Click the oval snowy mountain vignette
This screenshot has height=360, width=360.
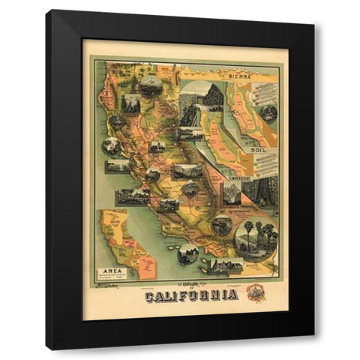pos(151,84)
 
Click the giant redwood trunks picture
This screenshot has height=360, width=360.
pos(266,192)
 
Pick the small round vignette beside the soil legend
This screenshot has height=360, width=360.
pos(268,114)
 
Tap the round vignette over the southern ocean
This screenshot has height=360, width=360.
pos(188,253)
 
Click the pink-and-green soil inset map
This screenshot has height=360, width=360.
pos(247,120)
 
